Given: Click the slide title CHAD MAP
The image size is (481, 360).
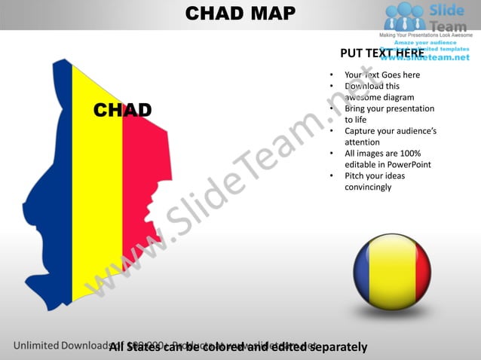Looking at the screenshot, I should click(240, 14).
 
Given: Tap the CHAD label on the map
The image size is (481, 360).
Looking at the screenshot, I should click(122, 111).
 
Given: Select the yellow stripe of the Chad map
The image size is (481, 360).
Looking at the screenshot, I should click(97, 188).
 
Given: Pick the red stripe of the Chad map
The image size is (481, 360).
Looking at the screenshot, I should click(143, 173).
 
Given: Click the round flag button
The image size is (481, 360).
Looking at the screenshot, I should click(392, 271).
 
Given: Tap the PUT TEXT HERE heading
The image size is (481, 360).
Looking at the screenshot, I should click(382, 53).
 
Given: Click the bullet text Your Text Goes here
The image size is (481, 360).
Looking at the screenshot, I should click(382, 75).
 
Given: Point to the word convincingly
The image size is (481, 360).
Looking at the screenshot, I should click(368, 187).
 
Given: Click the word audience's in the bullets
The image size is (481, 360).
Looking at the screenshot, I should click(415, 131).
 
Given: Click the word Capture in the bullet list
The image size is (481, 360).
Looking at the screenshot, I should click(360, 131).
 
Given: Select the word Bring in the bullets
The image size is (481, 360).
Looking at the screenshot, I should click(355, 108).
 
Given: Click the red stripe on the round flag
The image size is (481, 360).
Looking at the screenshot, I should click(418, 271).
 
